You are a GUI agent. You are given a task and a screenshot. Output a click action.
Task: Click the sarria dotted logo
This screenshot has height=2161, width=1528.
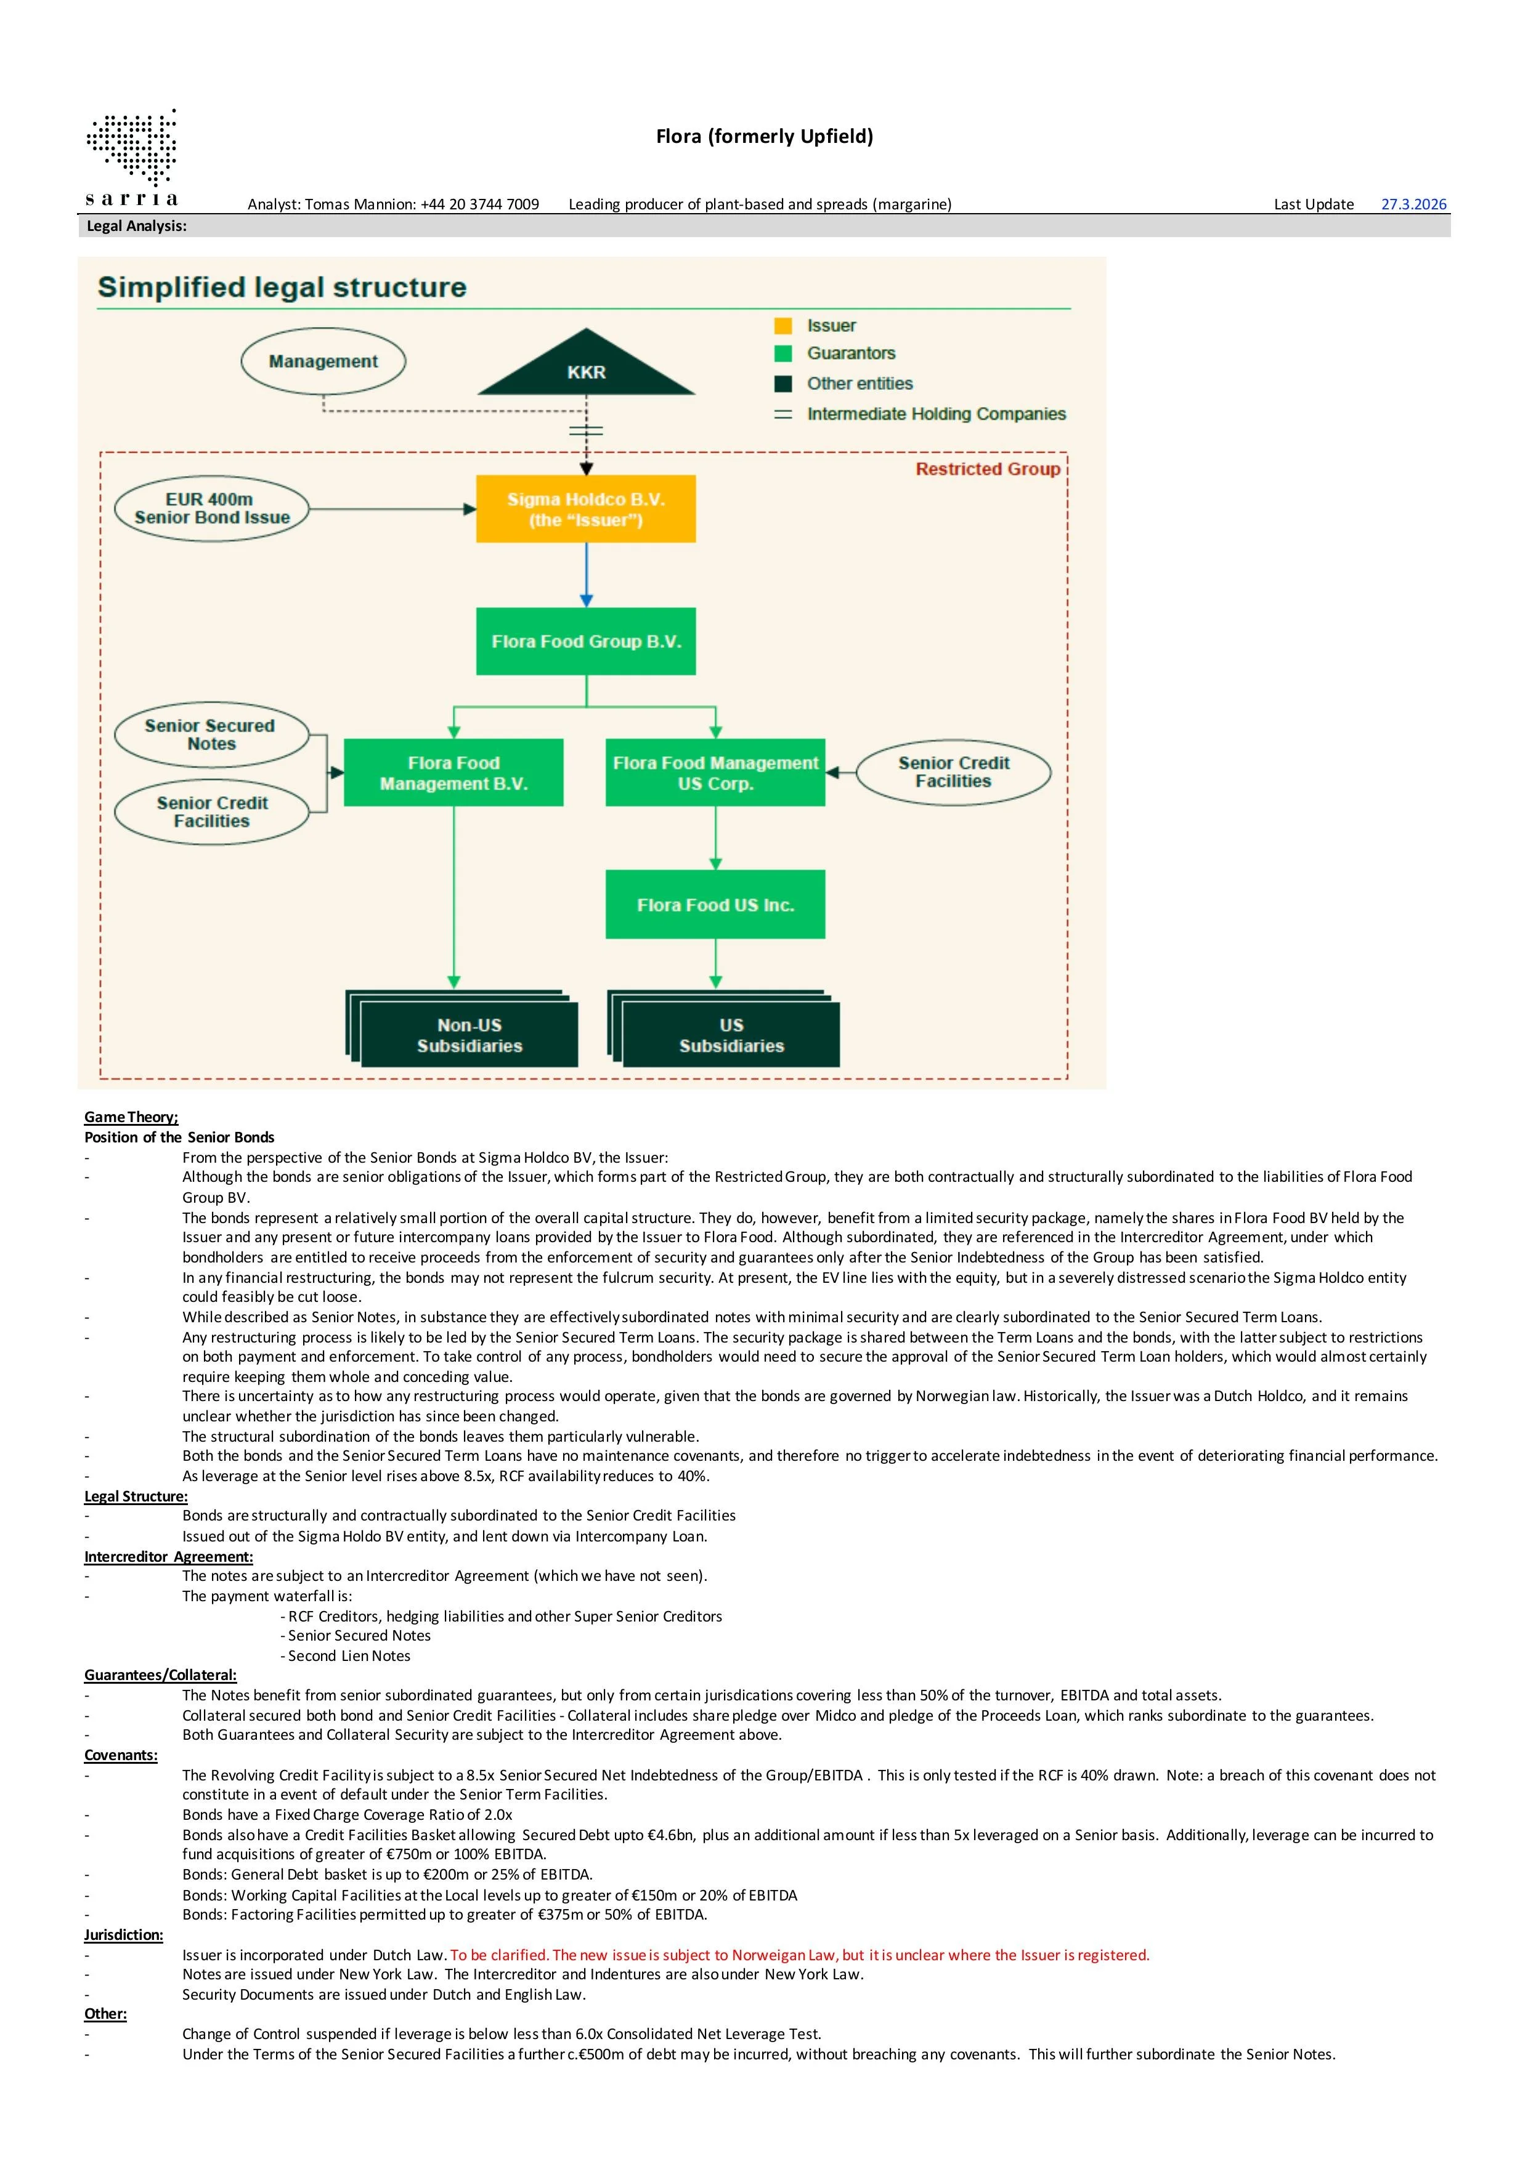click(132, 151)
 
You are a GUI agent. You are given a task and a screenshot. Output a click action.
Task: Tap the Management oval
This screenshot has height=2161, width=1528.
click(323, 362)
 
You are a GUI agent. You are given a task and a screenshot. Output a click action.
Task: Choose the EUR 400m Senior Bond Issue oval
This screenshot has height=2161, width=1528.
click(212, 508)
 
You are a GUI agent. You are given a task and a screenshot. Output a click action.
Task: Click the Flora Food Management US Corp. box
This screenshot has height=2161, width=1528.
click(715, 773)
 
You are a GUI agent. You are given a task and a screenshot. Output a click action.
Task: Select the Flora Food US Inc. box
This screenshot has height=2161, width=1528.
click(715, 905)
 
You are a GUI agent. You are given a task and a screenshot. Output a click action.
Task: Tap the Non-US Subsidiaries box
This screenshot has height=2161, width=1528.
click(469, 1035)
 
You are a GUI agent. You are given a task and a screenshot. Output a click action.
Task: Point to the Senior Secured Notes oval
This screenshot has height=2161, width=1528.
click(211, 734)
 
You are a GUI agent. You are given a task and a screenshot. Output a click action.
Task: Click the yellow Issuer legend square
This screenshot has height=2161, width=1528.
click(783, 326)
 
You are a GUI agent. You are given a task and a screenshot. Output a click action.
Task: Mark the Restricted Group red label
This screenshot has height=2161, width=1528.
click(988, 469)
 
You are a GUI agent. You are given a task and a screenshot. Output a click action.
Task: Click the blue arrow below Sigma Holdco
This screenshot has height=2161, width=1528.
click(587, 574)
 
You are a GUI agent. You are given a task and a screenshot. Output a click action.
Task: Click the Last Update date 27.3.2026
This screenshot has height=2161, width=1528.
click(1413, 204)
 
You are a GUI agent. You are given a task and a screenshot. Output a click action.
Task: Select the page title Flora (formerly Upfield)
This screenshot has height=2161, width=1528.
click(765, 137)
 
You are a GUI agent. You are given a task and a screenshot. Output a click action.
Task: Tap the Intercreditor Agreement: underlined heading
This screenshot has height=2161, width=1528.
click(169, 1557)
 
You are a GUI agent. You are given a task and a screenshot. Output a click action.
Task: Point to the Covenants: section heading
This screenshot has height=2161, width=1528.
click(121, 1755)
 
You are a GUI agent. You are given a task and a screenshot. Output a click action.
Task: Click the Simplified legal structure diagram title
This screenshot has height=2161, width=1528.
click(282, 287)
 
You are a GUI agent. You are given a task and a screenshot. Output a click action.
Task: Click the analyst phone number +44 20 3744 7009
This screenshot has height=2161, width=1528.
click(480, 204)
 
